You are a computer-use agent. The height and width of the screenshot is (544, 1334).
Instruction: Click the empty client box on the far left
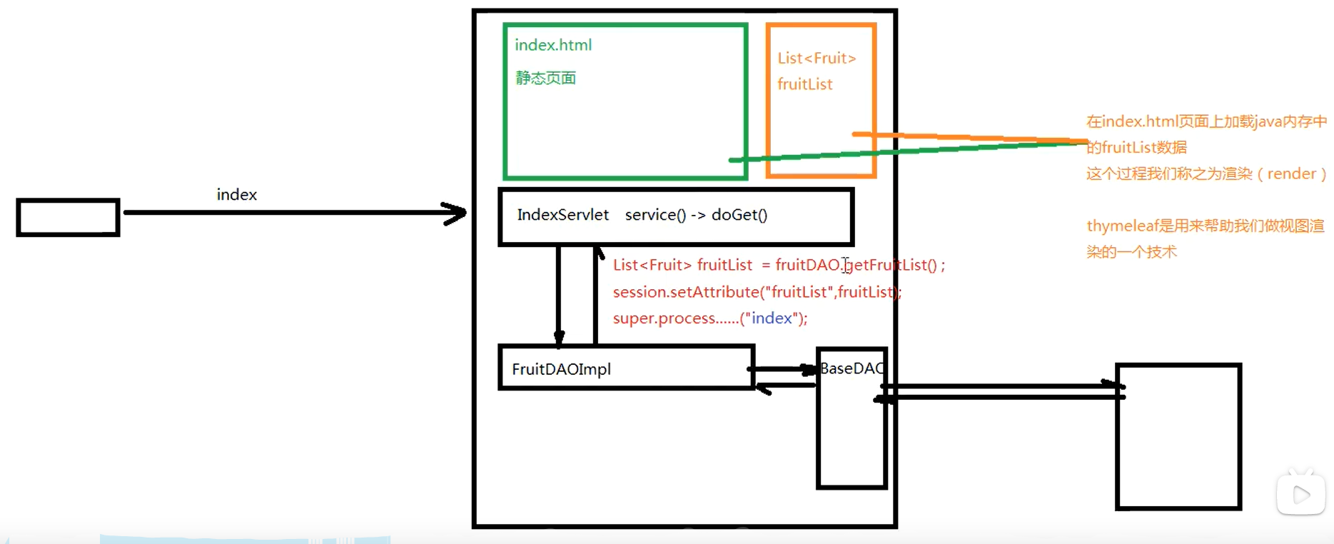click(68, 218)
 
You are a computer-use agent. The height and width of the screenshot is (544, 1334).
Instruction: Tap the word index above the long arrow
click(236, 195)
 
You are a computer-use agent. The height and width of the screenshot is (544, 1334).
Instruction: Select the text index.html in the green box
click(553, 45)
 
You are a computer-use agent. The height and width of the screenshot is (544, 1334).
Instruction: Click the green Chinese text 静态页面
click(545, 78)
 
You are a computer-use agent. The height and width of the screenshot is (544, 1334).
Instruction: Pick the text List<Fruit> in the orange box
click(817, 59)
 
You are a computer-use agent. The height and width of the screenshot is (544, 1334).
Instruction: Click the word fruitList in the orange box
click(804, 84)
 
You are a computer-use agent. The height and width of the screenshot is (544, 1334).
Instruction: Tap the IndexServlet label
click(562, 215)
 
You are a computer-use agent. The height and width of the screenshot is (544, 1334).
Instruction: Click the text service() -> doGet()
click(696, 215)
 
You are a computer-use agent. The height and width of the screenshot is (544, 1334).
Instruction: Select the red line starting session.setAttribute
click(757, 292)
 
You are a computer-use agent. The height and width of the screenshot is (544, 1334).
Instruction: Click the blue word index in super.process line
click(772, 318)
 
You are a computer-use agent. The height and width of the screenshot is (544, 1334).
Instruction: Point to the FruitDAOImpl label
click(561, 369)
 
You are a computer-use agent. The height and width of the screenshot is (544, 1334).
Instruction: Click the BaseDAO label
click(852, 368)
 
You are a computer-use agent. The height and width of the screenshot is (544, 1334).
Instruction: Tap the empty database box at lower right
click(1178, 437)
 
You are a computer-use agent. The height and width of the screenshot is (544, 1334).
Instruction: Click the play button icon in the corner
click(1300, 494)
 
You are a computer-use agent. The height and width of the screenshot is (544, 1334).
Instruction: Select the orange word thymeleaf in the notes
click(1121, 226)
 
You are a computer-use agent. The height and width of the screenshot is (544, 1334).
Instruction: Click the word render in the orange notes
click(1291, 173)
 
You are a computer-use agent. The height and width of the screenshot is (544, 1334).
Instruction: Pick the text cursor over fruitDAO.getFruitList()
click(846, 266)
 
